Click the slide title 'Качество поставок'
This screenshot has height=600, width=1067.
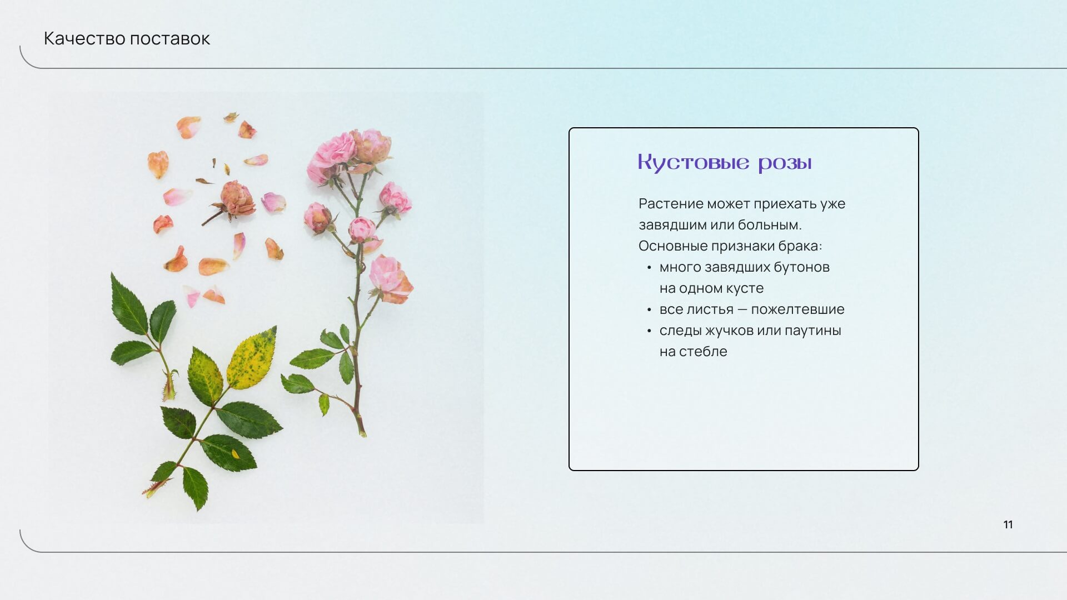coord(127,38)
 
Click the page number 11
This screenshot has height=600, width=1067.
coord(1008,524)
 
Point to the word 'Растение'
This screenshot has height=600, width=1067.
coord(671,204)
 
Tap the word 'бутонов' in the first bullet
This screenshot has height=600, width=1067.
coord(801,267)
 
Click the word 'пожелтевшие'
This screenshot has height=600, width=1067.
coord(797,309)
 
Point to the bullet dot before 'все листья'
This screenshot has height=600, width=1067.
coord(649,310)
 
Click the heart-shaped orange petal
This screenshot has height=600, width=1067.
coord(157,164)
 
